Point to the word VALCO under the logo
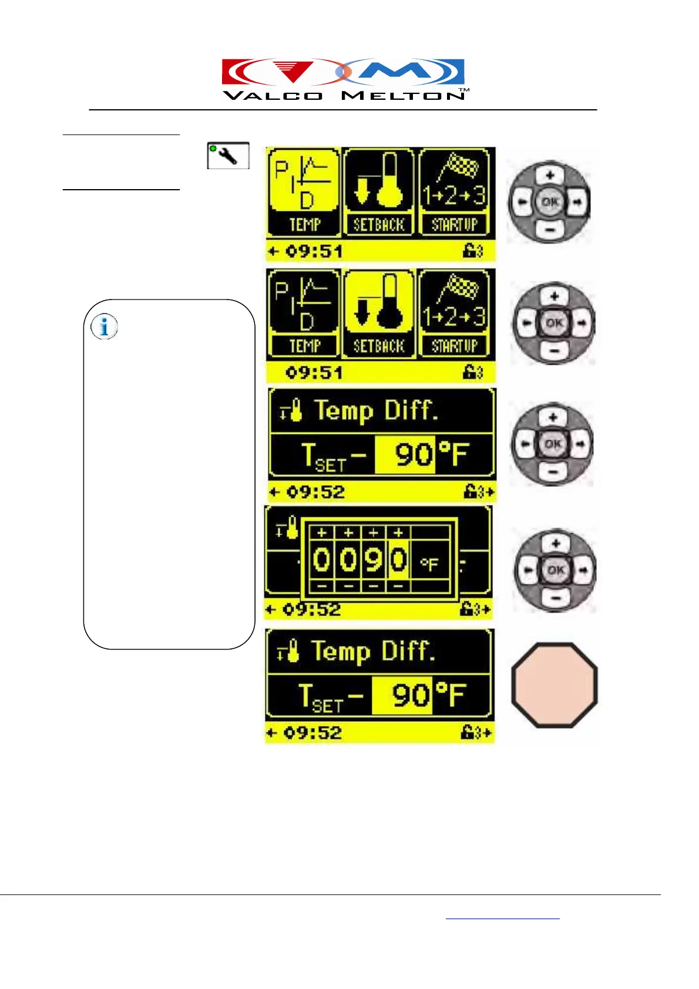click(273, 96)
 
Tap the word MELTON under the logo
click(403, 96)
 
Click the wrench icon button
click(228, 156)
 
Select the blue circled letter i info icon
click(105, 327)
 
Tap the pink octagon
click(554, 685)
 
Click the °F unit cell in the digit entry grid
click(429, 563)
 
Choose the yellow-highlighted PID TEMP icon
click(304, 191)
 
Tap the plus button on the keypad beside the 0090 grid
click(555, 543)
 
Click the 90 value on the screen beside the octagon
click(402, 695)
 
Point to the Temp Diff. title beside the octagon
click(372, 651)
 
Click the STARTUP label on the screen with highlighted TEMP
click(455, 225)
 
